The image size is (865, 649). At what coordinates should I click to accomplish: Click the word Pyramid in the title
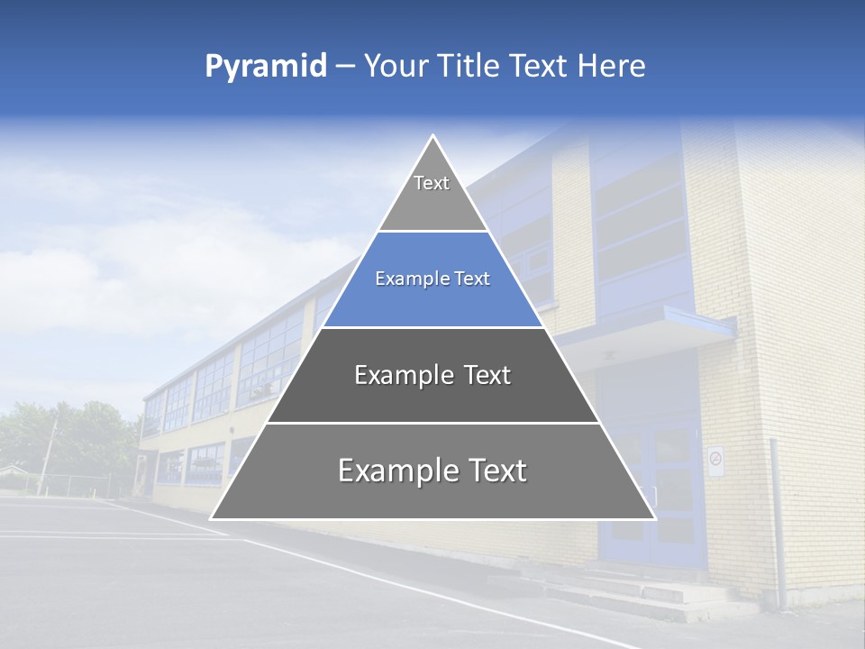point(266,66)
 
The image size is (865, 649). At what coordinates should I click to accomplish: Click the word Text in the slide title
point(540,66)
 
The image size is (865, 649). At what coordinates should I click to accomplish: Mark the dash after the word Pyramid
point(345,67)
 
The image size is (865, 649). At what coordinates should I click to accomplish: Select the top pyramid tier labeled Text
point(432,194)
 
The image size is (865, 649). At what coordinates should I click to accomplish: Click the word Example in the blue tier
point(405,279)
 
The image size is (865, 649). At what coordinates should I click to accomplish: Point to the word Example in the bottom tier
point(398,471)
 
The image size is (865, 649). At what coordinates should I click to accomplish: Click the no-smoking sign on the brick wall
point(715,461)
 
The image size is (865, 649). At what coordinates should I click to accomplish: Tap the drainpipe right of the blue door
point(776,523)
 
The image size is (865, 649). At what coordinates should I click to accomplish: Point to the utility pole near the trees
point(47,454)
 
